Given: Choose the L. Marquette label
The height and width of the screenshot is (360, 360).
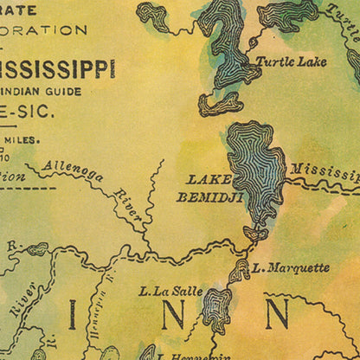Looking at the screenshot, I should tap(292, 267).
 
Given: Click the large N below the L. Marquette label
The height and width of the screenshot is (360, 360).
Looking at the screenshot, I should tap(277, 313).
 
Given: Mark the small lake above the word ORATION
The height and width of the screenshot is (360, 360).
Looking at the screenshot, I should tap(154, 15).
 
